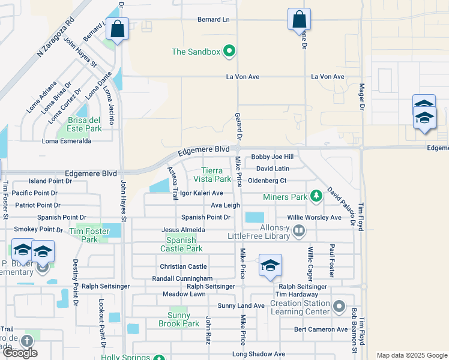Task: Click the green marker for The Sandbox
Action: pyautogui.click(x=229, y=52)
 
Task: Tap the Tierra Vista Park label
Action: pyautogui.click(x=216, y=175)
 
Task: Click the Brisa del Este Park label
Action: pyautogui.click(x=84, y=124)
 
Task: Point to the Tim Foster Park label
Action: pyautogui.click(x=89, y=235)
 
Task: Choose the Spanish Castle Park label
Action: pyautogui.click(x=181, y=244)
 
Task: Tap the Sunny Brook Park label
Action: pyautogui.click(x=179, y=319)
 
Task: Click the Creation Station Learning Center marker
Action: pyautogui.click(x=339, y=307)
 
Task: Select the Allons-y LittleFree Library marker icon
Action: pyautogui.click(x=300, y=230)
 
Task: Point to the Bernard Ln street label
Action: pyautogui.click(x=214, y=20)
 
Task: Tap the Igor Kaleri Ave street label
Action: pyautogui.click(x=202, y=193)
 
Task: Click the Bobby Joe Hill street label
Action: pyautogui.click(x=272, y=157)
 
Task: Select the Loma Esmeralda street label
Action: pyautogui.click(x=67, y=142)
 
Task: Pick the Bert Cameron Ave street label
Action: pyautogui.click(x=321, y=329)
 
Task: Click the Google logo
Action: pyautogui.click(x=20, y=353)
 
